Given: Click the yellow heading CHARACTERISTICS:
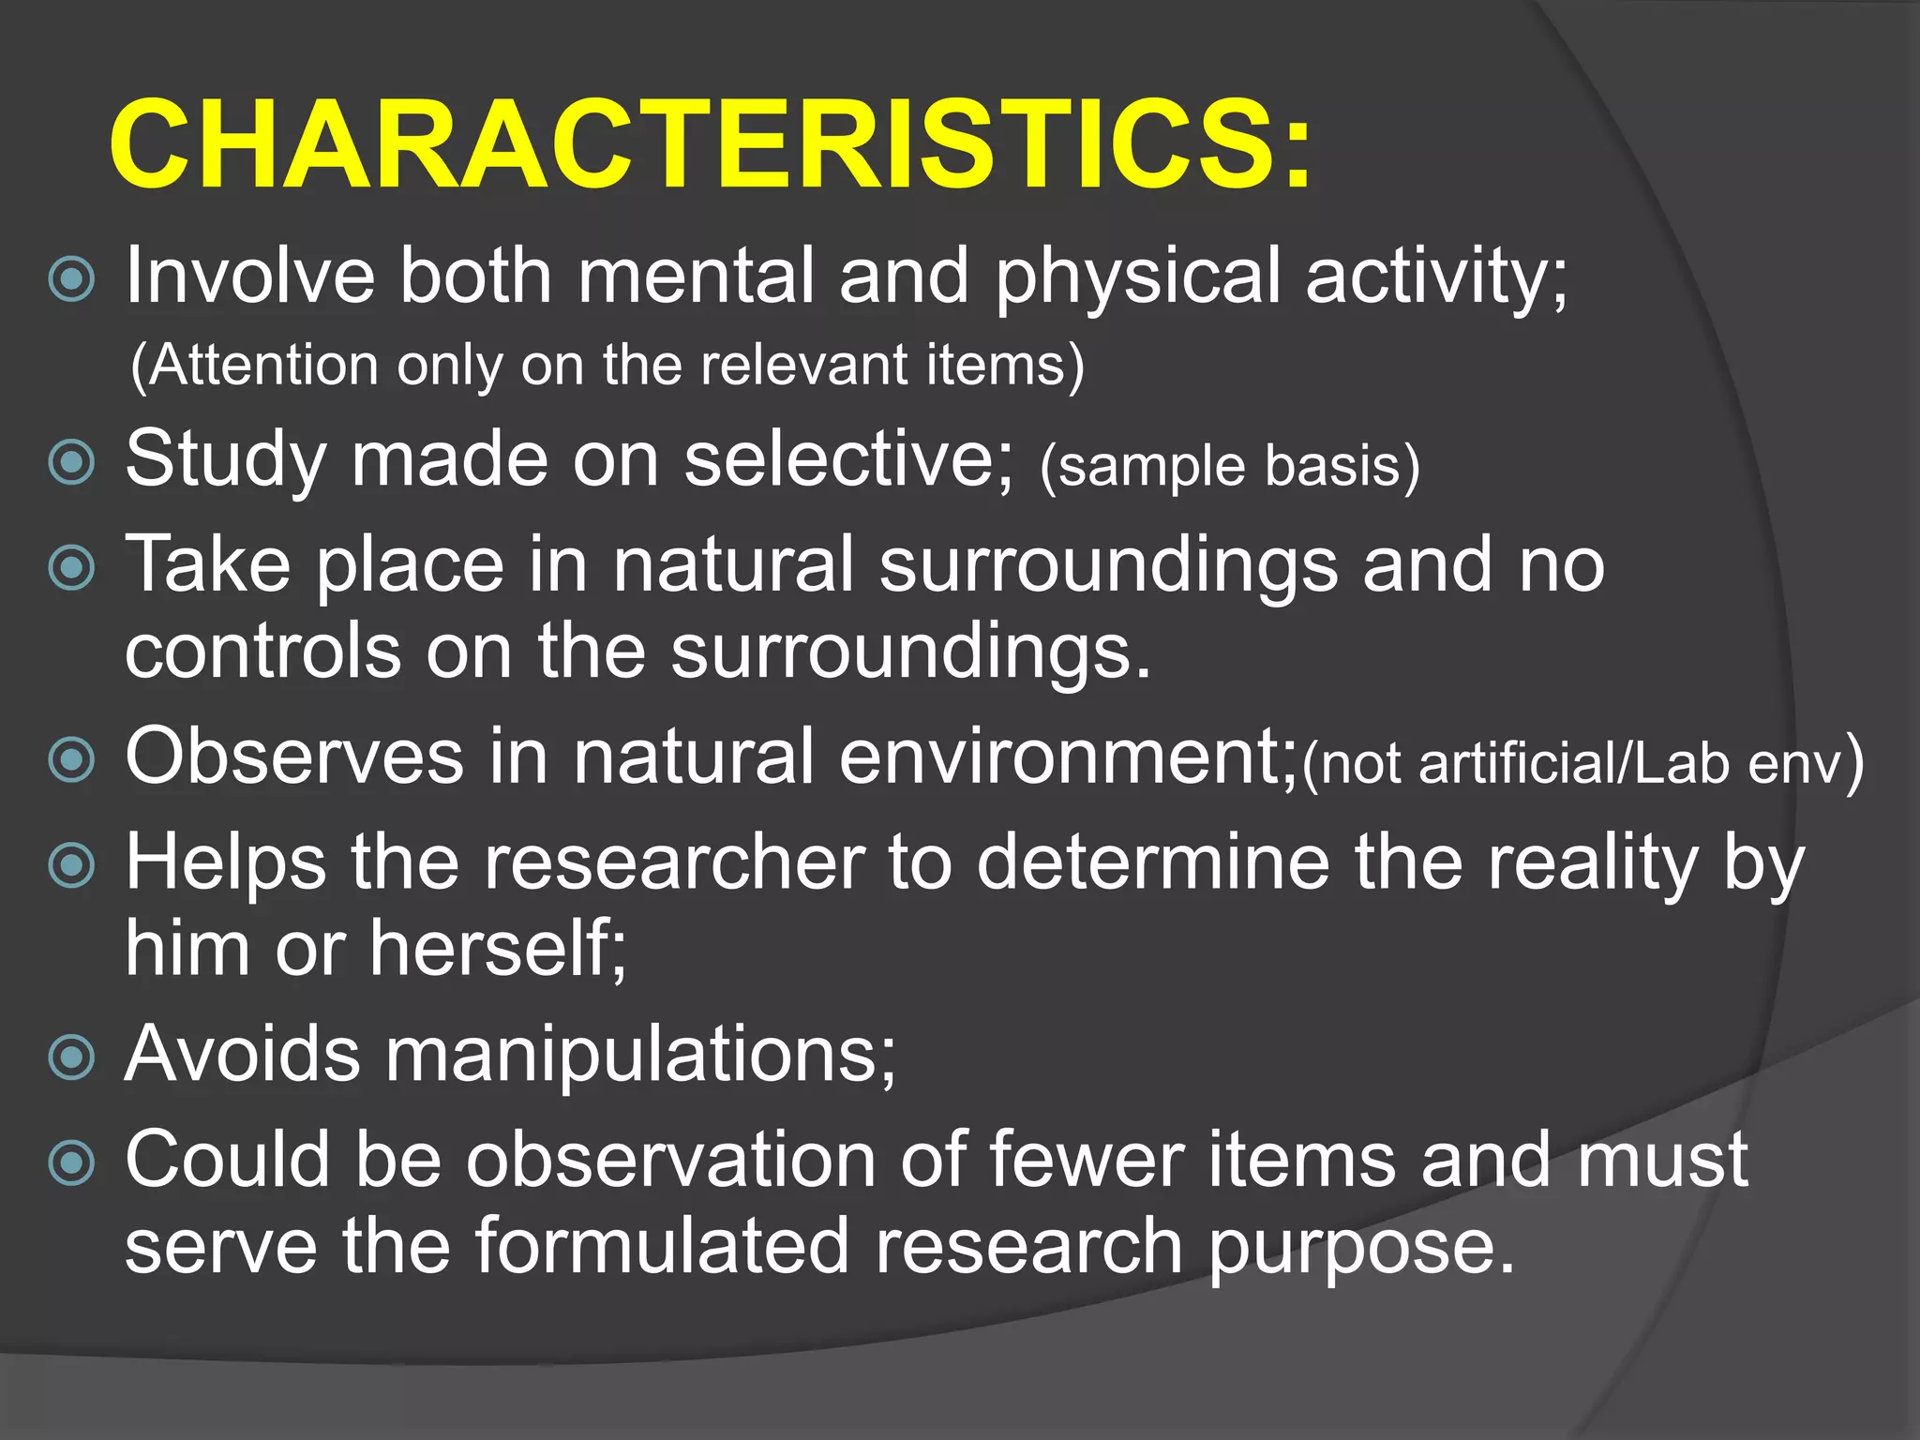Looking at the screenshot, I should click(711, 145).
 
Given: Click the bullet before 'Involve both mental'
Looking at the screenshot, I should click(72, 278).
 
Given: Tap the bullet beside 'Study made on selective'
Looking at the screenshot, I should click(72, 461).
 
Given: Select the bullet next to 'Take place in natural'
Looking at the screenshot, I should click(72, 567).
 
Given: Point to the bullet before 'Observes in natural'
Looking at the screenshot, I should click(72, 759).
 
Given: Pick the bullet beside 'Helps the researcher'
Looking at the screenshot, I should click(72, 864).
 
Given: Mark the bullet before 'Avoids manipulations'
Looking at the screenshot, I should click(72, 1057).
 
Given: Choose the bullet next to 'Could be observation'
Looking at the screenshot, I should click(72, 1163).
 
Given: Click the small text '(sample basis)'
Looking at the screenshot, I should click(1229, 466).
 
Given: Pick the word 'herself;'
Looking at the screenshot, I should click(498, 949).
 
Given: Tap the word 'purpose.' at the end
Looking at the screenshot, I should click(1360, 1249).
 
